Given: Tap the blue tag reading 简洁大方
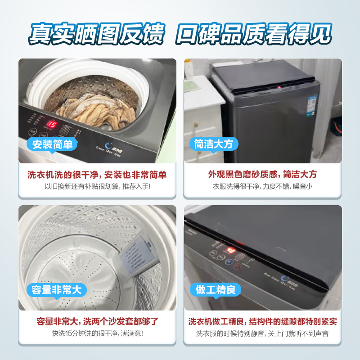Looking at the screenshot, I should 214,144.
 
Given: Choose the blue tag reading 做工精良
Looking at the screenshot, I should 216,290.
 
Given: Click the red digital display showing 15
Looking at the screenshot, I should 52,124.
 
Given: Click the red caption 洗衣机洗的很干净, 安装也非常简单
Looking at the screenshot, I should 97,175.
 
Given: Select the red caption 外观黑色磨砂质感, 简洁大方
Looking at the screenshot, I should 262,175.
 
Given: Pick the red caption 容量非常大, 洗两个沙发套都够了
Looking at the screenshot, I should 97,321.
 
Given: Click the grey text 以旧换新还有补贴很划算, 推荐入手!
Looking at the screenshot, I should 97,186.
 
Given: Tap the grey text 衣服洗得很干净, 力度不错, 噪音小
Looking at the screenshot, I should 262,186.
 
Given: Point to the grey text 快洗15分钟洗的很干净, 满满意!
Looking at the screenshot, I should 97,333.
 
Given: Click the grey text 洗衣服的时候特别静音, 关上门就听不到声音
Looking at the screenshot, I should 262,333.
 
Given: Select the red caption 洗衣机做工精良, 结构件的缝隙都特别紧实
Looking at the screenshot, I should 262,321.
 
